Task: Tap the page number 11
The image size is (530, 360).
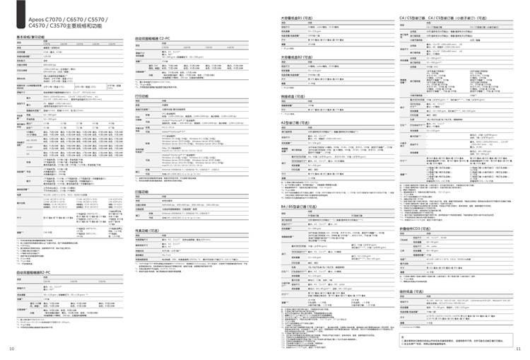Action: pyautogui.click(x=518, y=349)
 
